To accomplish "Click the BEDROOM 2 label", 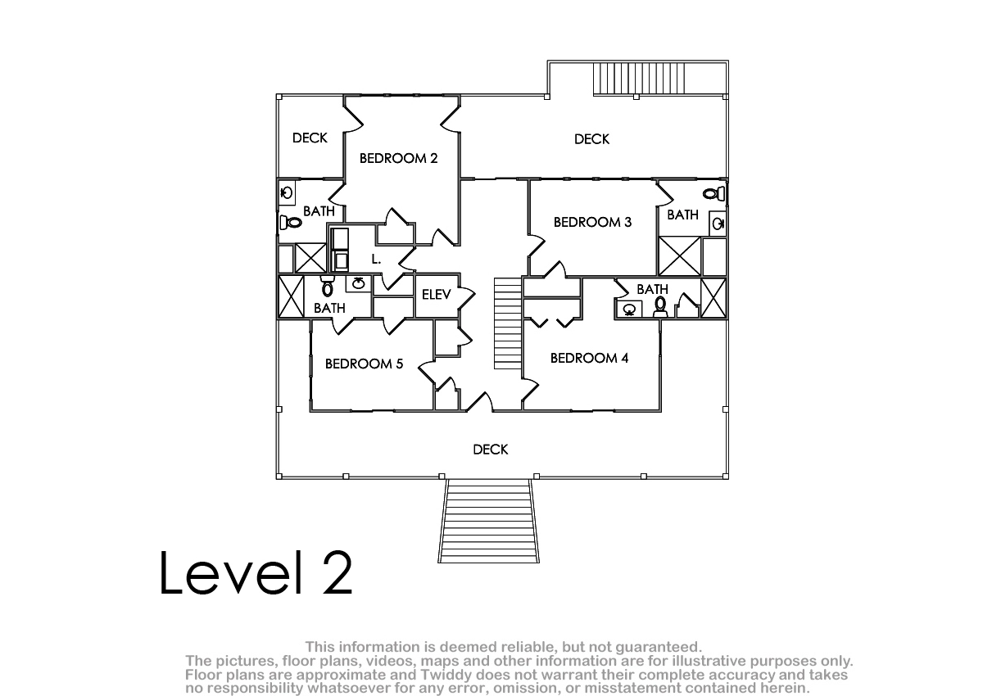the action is point(398,158).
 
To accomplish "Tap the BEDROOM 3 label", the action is point(592,223).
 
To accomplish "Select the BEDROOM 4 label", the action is point(589,359).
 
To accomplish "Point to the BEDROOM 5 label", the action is point(364,364).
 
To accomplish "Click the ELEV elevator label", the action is point(436,295).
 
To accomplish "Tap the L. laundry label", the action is point(376,260).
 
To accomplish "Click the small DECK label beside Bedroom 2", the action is point(310,138).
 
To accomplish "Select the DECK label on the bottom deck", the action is point(490,450).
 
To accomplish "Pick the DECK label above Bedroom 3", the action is point(591,139).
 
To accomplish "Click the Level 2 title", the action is point(256,572).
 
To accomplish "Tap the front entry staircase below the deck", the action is point(488,521).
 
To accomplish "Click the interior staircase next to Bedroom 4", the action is point(508,323).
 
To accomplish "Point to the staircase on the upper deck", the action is point(638,79).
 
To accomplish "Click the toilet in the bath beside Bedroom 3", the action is point(714,193).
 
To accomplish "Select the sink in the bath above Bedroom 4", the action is point(629,310).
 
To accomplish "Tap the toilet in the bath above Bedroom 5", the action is point(327,287).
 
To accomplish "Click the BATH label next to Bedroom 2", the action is point(319,211).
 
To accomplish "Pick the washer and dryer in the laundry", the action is point(339,249).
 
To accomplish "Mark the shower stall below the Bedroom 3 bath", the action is point(680,256).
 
